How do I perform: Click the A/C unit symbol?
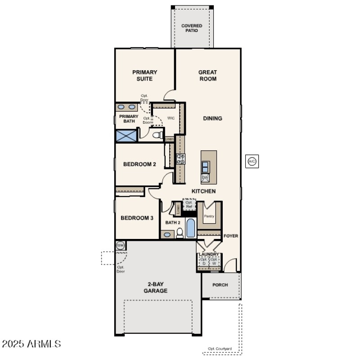tap(252, 162)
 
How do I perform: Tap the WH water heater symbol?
tap(120, 245)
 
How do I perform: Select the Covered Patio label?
tap(192, 28)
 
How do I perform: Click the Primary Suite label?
tap(144, 75)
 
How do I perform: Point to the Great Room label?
tap(207, 75)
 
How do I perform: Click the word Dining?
tap(212, 118)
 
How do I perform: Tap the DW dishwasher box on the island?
tap(205, 178)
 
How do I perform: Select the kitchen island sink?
tap(205, 166)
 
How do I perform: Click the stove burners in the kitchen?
tap(180, 159)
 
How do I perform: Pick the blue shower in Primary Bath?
tap(126, 135)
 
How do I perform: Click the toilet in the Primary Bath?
tap(156, 135)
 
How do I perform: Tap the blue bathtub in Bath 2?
tap(191, 228)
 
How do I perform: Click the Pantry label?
tap(209, 216)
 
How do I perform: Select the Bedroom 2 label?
tap(139, 164)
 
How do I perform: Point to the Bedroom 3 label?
tap(137, 218)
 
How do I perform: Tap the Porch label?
tap(220, 285)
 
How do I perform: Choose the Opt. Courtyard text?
tap(220, 349)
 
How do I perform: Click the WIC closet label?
tap(171, 118)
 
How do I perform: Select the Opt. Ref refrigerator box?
tap(189, 205)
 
